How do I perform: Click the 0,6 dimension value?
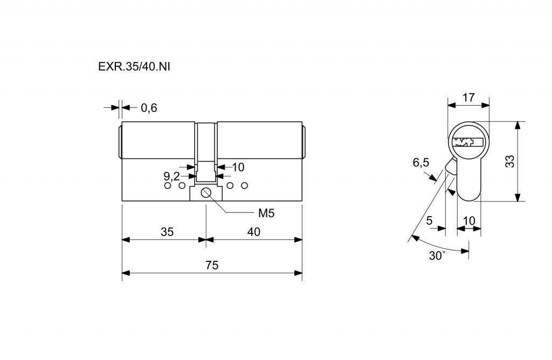pos(149,108)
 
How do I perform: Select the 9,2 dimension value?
pos(171,176)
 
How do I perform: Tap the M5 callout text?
pos(266,213)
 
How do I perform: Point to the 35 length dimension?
pos(167,232)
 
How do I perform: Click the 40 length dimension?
pos(253,232)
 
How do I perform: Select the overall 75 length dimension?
pos(212,266)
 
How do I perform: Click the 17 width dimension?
pos(468,98)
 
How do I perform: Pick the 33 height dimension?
pos(509,161)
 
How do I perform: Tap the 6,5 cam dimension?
pos(420,163)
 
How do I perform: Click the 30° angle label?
pos(437,255)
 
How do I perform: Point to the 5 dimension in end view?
pos(429,220)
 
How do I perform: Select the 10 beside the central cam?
pos(238,167)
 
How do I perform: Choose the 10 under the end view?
pos(468,220)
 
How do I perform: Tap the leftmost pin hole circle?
pos(167,186)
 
